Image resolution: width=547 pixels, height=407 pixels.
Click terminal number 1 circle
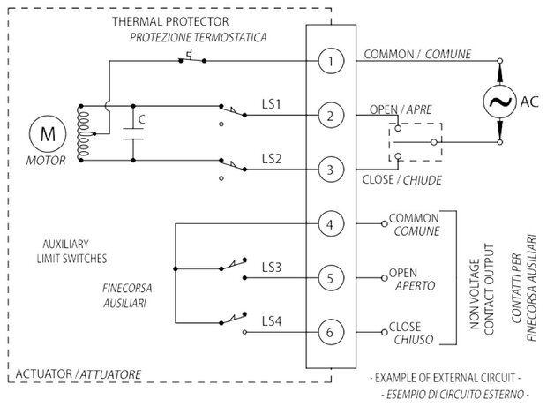click(331, 61)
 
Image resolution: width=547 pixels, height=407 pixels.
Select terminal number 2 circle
click(331, 116)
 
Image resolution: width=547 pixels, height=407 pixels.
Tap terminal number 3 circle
click(331, 170)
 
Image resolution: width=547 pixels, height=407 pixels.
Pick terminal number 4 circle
click(331, 224)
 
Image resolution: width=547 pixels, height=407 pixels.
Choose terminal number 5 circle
click(331, 278)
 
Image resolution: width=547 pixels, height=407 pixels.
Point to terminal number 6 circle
click(331, 332)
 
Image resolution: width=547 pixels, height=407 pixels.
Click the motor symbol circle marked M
click(48, 134)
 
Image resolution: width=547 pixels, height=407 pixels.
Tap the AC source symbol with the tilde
click(499, 102)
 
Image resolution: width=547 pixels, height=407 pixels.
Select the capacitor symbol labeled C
click(133, 133)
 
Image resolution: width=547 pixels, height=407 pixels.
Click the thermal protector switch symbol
click(192, 58)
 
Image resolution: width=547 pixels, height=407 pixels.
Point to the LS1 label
click(272, 104)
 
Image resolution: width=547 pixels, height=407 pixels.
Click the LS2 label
click(272, 159)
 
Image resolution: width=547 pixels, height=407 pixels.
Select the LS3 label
click(272, 268)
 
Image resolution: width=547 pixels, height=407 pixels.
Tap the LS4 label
click(272, 321)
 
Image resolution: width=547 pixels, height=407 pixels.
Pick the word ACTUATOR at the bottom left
click(43, 373)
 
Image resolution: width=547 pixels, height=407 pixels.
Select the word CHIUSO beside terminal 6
click(414, 339)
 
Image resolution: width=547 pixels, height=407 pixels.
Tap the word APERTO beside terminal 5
click(416, 285)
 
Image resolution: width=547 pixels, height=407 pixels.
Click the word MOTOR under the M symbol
click(46, 161)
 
